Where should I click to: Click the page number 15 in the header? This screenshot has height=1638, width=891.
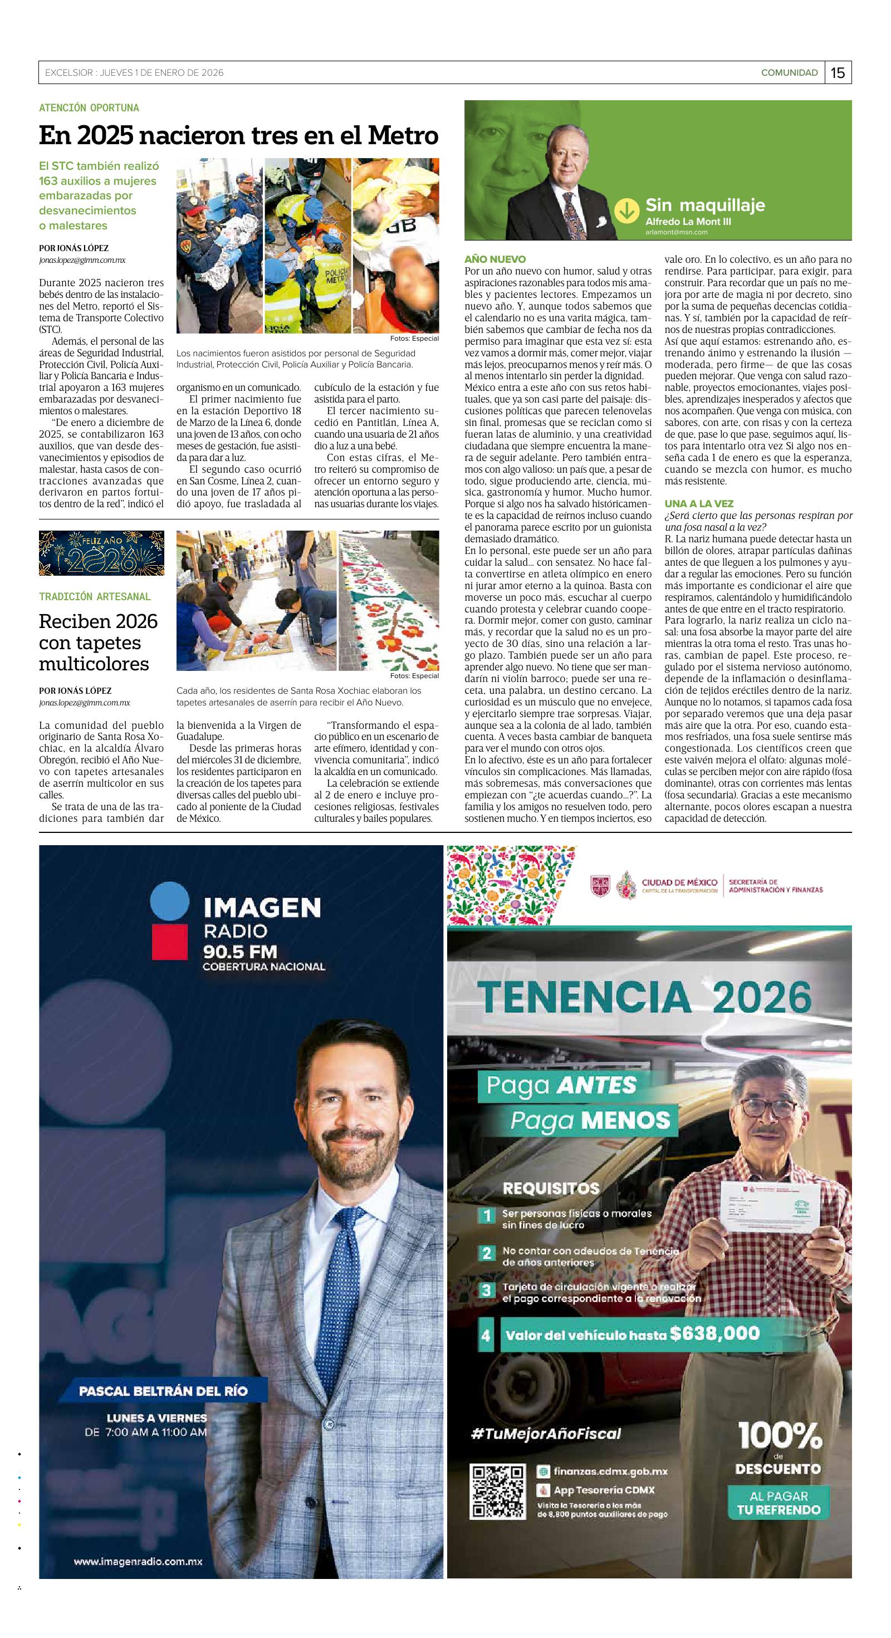[x=838, y=73]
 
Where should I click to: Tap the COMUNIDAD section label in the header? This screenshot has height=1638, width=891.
[x=789, y=73]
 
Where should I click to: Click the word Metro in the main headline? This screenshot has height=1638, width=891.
[x=404, y=135]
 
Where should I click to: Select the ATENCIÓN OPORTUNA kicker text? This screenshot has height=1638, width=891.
[x=89, y=108]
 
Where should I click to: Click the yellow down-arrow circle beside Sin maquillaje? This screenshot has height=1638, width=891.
[x=626, y=210]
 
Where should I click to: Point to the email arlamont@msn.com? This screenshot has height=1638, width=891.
[x=675, y=233]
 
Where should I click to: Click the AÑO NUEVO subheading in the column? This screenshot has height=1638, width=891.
[x=496, y=259]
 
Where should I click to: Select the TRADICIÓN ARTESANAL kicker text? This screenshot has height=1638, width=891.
[x=95, y=596]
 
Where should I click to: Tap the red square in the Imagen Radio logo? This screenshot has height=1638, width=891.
[x=169, y=941]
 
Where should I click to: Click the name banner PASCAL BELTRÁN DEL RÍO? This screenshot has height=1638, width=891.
[x=163, y=1391]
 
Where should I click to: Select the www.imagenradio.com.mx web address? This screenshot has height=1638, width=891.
[x=138, y=1561]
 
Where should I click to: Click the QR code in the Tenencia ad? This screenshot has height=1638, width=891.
[x=497, y=1492]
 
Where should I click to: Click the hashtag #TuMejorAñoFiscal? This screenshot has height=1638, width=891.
[x=546, y=1433]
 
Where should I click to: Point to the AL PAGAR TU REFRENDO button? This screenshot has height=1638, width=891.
[x=779, y=1503]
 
